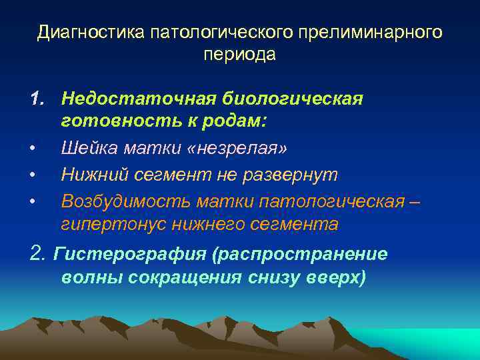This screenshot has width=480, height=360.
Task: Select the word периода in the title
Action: pos(239,55)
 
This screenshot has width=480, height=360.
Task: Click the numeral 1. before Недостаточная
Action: pos(41,99)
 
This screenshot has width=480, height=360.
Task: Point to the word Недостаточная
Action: pos(138,99)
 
